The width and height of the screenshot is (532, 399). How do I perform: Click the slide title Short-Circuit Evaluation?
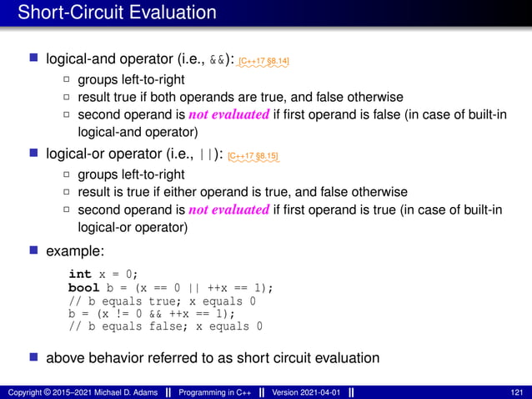[117, 13]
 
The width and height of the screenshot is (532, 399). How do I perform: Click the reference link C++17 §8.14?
[263, 61]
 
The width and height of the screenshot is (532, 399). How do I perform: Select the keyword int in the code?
[80, 274]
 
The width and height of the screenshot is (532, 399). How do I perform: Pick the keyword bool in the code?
[83, 287]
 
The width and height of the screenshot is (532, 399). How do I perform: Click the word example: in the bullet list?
[75, 250]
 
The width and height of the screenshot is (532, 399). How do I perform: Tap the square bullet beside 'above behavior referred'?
[33, 358]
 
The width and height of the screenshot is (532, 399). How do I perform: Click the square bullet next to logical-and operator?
[33, 60]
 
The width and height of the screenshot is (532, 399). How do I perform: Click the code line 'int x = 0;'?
[103, 274]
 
